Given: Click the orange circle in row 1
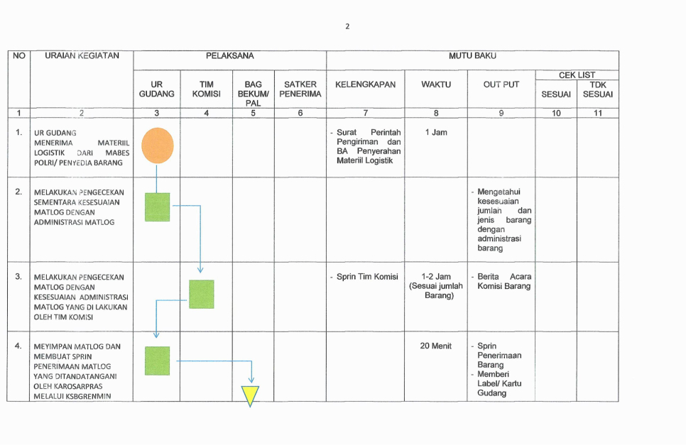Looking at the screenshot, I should tap(157, 145).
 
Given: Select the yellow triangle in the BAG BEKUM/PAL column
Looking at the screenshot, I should tap(250, 396).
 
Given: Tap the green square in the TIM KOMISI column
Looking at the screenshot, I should tap(201, 294).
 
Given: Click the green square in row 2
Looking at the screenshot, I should tap(157, 207).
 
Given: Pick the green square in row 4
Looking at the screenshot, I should tap(157, 361).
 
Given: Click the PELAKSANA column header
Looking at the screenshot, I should tap(229, 55).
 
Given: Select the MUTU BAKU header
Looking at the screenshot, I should tap(472, 55).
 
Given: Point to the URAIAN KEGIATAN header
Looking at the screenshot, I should tap(82, 55).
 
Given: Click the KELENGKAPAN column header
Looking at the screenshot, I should tap(365, 84).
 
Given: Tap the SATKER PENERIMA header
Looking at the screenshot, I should tap(300, 89).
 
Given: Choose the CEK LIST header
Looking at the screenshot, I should tap(577, 75).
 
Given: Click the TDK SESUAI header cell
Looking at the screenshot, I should tap(597, 89).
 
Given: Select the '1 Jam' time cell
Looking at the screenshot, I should tap(436, 132).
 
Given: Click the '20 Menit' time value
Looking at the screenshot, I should tap(436, 346).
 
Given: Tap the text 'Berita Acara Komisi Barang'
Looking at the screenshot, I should tap(501, 281).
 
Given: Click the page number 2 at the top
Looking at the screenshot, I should tap(347, 26).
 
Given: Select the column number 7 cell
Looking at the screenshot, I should tap(365, 112).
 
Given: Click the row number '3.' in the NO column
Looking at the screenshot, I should tap(18, 277).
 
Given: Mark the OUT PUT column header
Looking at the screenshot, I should tap(501, 84).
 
